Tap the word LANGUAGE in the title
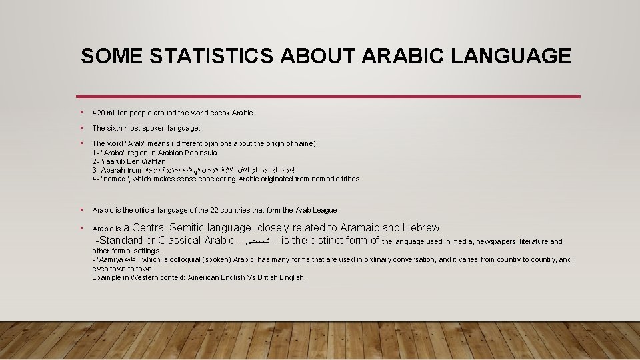click(x=511, y=56)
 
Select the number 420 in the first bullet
click(x=98, y=113)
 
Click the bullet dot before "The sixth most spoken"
click(x=81, y=128)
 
